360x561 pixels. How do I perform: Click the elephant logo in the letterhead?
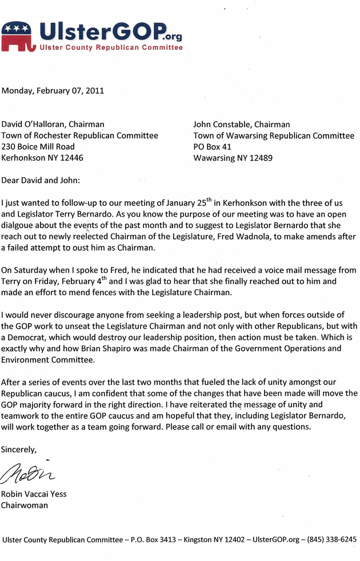pos(18,35)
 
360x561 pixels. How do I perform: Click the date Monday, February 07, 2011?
pos(53,90)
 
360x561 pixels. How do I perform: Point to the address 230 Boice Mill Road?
pos(38,147)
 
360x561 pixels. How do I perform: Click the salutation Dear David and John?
pos(41,180)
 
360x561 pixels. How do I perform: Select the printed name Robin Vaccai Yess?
pos(34,494)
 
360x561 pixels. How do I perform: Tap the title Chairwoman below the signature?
pos(24,506)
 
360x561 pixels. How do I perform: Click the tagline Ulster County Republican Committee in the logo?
pos(111,47)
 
